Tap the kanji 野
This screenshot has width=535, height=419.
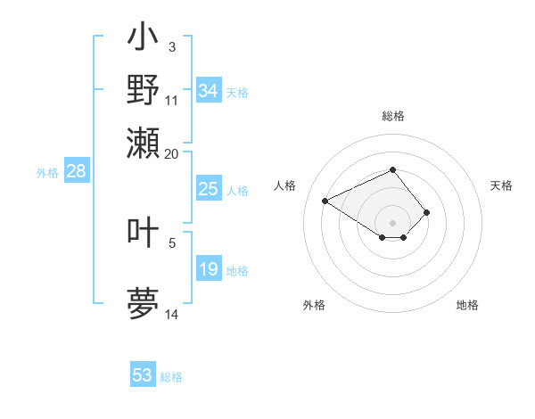[x=143, y=89]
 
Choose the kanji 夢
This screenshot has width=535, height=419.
[x=143, y=302]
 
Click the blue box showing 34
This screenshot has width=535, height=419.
[x=208, y=90]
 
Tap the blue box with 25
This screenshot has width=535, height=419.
[x=208, y=189]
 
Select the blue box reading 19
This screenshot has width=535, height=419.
[x=208, y=269]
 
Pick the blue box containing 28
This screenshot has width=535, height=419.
[x=76, y=172]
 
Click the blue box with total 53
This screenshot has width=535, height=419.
[x=143, y=375]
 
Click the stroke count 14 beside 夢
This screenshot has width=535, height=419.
[x=171, y=314]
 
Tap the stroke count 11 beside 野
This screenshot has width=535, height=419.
[x=171, y=100]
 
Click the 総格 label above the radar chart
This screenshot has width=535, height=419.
[x=392, y=116]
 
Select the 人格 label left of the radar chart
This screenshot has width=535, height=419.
[x=285, y=185]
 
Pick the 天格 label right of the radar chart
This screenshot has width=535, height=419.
[x=501, y=185]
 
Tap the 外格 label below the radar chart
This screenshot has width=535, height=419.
[x=314, y=305]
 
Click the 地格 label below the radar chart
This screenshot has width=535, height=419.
[x=467, y=305]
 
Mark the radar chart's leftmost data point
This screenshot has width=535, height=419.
[x=325, y=201]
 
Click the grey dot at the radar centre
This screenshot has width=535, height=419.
[x=392, y=222]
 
